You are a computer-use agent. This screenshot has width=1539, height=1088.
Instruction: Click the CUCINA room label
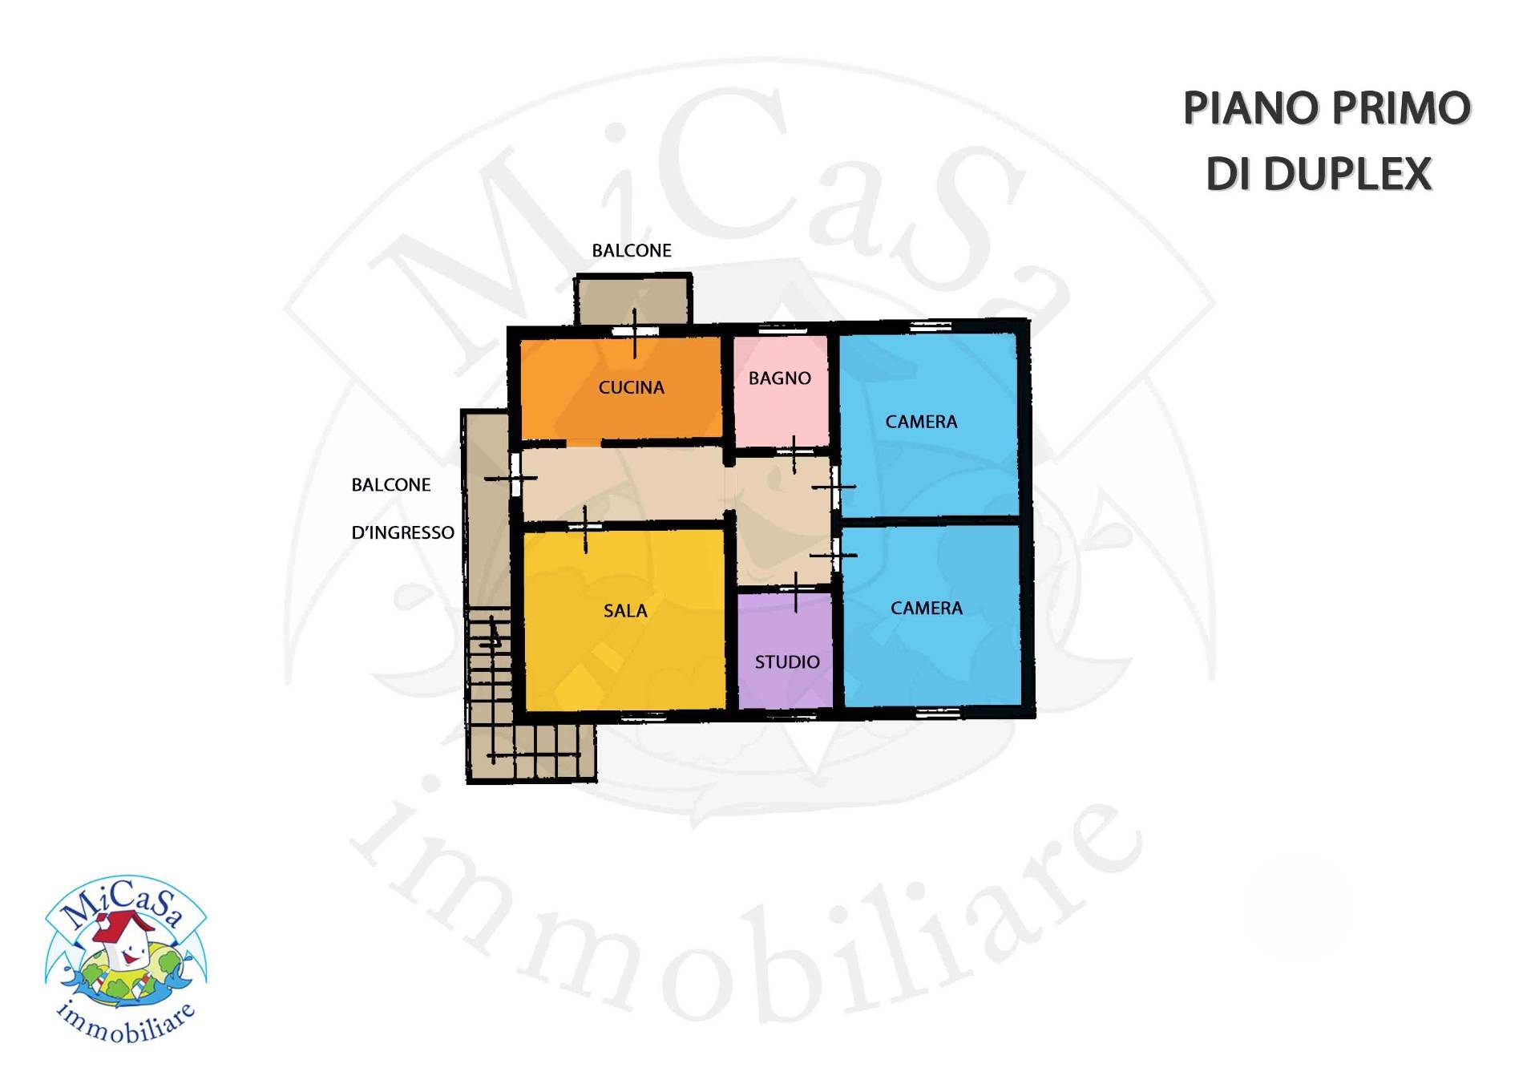(x=631, y=388)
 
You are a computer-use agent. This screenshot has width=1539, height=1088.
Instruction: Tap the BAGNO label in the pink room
(x=779, y=378)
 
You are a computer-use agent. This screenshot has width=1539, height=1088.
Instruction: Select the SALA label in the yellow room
(x=625, y=611)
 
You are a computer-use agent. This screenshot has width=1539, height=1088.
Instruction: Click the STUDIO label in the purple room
(x=786, y=662)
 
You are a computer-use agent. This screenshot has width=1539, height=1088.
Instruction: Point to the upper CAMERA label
(x=921, y=422)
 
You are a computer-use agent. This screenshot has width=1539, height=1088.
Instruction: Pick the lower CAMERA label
(x=926, y=609)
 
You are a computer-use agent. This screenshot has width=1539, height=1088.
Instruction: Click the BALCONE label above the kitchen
(x=632, y=251)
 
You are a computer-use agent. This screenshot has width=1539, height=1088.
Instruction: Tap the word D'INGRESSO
(x=402, y=533)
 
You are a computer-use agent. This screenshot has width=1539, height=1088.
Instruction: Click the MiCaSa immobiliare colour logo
(x=126, y=958)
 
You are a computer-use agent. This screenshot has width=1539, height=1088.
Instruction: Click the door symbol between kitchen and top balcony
(x=636, y=332)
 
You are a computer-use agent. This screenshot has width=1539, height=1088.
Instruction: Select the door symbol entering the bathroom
(x=794, y=455)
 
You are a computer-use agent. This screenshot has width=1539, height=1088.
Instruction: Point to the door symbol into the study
(x=796, y=593)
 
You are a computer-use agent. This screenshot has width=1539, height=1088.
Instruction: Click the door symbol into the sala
(x=585, y=528)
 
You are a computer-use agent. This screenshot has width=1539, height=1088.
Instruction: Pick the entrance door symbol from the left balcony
(x=511, y=479)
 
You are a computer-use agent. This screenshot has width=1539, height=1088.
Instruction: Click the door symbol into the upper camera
(x=834, y=487)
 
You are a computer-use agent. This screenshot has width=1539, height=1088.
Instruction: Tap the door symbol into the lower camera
(x=834, y=555)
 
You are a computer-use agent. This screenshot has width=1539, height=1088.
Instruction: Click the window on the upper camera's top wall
(x=930, y=326)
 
